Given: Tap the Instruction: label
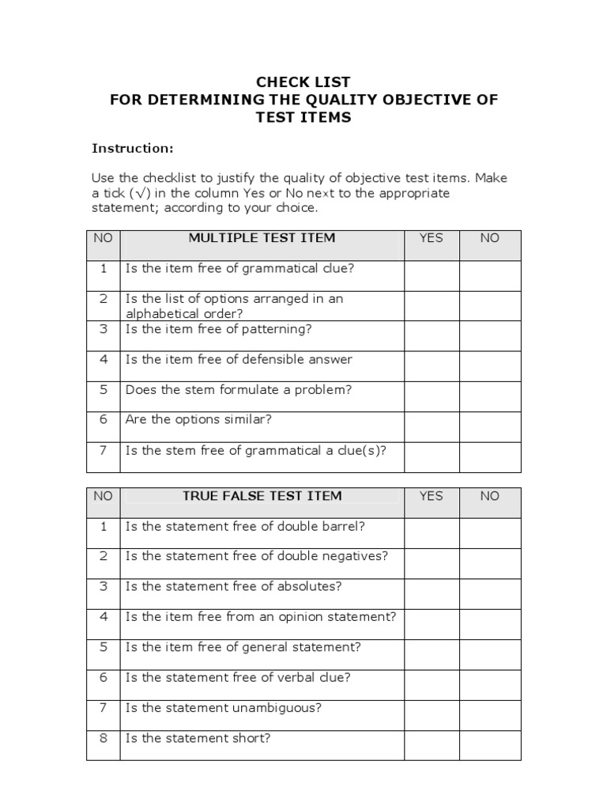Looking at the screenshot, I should [x=132, y=148].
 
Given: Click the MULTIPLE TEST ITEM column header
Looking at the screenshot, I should [x=262, y=238].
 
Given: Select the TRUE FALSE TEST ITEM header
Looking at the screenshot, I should [x=262, y=496].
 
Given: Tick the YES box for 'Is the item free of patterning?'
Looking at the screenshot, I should [x=432, y=335].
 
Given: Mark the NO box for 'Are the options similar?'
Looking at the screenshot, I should [x=490, y=426].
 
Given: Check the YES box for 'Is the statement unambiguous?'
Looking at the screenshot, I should [x=432, y=715].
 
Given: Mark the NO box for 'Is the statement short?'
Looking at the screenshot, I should [x=490, y=745].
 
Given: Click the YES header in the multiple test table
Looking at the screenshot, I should [x=432, y=238].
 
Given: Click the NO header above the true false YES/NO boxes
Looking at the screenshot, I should [x=490, y=496].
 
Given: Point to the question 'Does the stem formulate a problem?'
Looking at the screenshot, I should [x=238, y=390].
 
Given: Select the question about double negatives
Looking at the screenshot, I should [x=257, y=556].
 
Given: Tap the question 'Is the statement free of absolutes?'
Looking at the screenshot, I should [x=233, y=586].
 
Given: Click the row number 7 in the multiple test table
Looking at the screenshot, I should [x=103, y=450].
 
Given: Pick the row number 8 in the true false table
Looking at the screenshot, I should [x=103, y=738].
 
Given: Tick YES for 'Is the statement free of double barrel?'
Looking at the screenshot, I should [x=432, y=533].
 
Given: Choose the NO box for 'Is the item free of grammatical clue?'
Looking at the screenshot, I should [x=490, y=275].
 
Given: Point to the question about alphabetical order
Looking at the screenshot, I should [x=234, y=306].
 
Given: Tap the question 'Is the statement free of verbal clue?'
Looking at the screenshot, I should [x=238, y=677].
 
